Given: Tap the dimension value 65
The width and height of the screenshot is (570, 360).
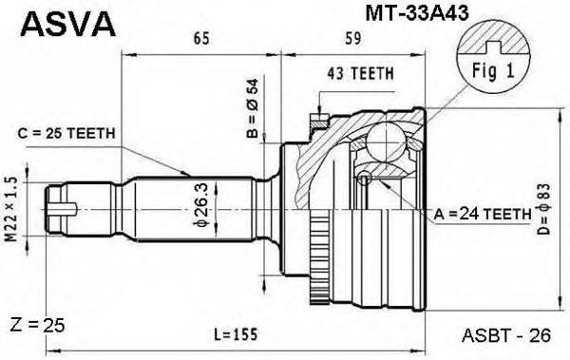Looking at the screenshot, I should tap(200, 40).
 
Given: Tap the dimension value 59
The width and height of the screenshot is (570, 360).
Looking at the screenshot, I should tap(352, 40).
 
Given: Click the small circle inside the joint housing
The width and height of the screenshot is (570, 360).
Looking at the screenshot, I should tap(364, 180).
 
